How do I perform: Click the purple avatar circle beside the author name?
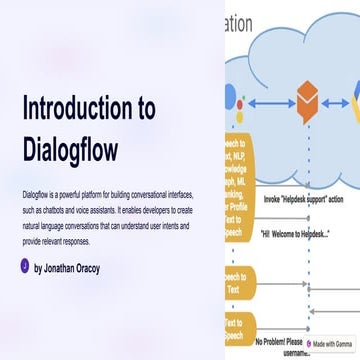coord(24,267)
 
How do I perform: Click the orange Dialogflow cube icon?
coord(306,99)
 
